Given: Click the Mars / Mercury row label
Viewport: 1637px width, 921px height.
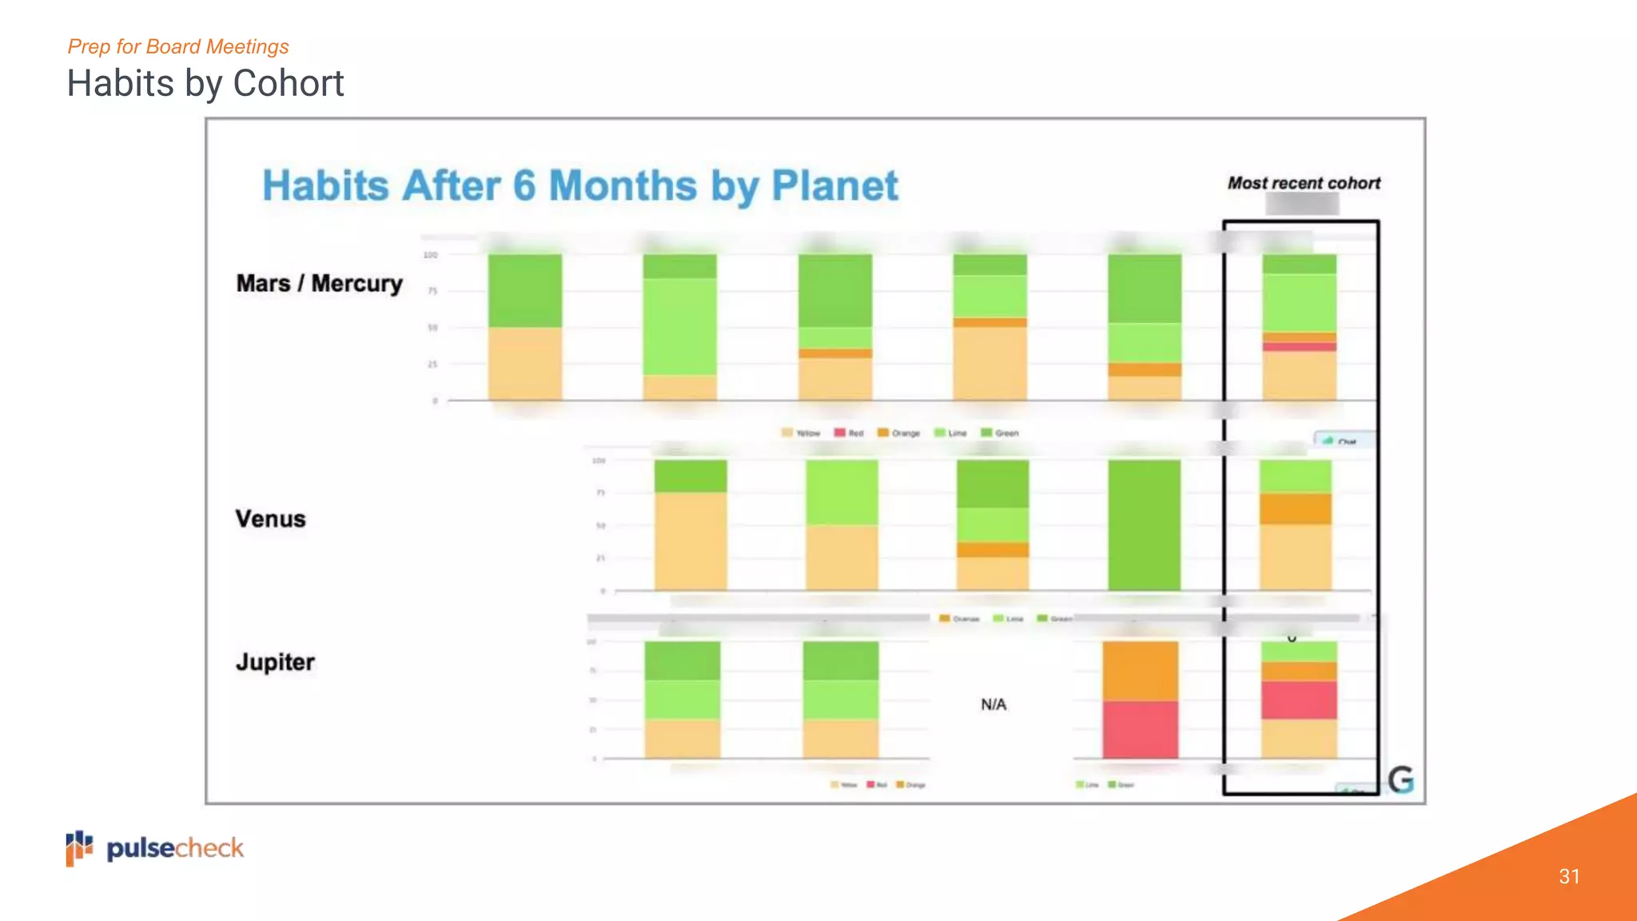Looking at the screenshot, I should click(x=319, y=284).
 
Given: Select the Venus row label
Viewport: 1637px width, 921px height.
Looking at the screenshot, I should click(x=270, y=519).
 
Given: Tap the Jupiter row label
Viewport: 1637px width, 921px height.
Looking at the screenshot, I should click(x=275, y=662).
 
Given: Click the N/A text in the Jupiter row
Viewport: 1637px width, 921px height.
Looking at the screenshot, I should click(x=994, y=704).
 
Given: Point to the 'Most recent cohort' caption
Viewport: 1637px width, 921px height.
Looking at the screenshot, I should click(x=1304, y=183).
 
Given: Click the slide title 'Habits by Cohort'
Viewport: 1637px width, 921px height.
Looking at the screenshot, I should click(x=205, y=83).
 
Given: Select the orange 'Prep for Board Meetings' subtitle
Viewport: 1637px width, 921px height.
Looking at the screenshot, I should click(x=178, y=46).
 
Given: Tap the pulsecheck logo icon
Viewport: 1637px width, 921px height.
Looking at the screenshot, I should click(x=79, y=848).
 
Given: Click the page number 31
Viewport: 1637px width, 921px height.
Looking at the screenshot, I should click(x=1569, y=876).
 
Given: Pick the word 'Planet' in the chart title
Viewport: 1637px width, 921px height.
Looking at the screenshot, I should click(x=834, y=185).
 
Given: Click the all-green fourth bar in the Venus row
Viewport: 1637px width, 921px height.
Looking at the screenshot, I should click(x=1144, y=524).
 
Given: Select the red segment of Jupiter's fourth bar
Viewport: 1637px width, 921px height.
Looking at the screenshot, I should click(x=1140, y=729).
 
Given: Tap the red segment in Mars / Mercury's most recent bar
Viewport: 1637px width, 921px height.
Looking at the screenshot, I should click(x=1299, y=346).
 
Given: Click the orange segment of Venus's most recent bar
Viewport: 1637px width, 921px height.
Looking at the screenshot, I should click(x=1296, y=508).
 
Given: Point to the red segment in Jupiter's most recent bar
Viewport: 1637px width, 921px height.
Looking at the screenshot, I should click(x=1299, y=700).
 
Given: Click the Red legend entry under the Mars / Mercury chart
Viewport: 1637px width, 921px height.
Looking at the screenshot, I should click(x=849, y=433).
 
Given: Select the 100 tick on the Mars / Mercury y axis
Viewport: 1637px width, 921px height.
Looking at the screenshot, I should click(x=431, y=255).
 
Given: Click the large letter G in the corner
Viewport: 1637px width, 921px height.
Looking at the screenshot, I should click(x=1400, y=779).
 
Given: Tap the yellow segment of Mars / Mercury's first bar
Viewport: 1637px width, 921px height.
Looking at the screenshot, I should click(x=524, y=364).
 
